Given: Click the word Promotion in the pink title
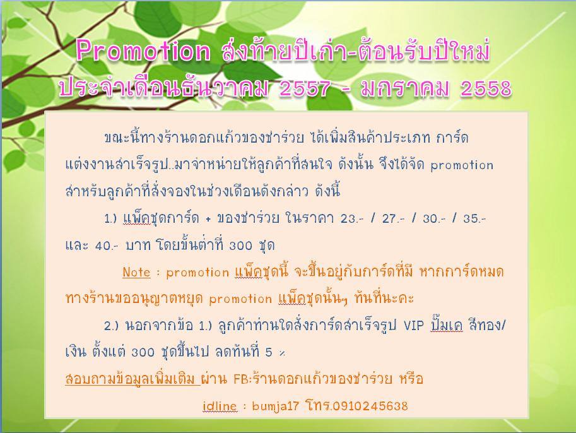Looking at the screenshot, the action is click(x=143, y=50).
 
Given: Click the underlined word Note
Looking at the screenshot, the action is click(x=136, y=273).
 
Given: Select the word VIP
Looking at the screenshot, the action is click(x=414, y=325).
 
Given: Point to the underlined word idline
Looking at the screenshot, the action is click(x=220, y=406).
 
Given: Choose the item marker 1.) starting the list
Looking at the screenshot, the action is click(x=110, y=218).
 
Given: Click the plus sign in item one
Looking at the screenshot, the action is click(x=208, y=219).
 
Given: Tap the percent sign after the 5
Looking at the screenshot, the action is click(x=282, y=353).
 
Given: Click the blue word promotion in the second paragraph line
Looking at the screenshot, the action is click(x=462, y=165).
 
